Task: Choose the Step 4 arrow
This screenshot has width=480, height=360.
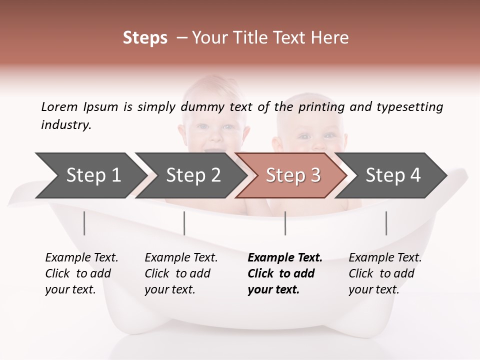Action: (x=393, y=175)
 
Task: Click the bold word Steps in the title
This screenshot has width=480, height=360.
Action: (x=145, y=38)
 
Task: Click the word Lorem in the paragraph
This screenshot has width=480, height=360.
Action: (x=59, y=106)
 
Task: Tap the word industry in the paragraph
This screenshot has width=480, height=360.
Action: (x=66, y=124)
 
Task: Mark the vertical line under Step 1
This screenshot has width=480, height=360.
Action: (x=84, y=223)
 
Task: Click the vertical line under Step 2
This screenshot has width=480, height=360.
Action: (x=184, y=223)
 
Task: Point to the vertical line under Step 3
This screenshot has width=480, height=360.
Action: (x=285, y=223)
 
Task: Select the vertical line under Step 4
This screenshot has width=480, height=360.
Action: (x=386, y=223)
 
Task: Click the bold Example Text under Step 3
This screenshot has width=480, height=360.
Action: (x=285, y=257)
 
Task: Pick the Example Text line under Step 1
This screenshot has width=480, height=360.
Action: (x=81, y=257)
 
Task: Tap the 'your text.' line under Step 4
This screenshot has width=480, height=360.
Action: (x=373, y=289)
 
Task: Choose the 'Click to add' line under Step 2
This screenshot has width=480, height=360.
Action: (x=177, y=273)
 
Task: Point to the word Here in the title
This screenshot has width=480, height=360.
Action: (x=332, y=38)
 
